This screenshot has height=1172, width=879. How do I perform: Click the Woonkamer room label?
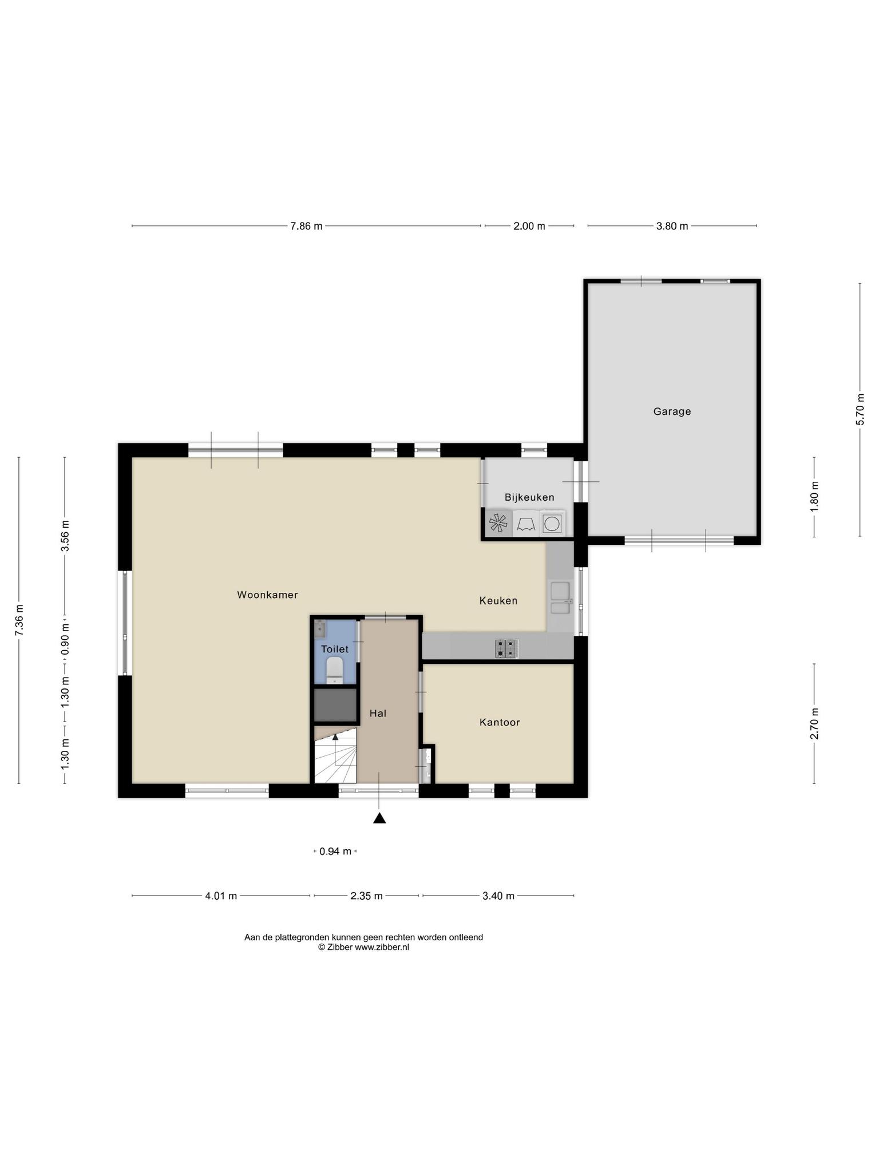click(x=267, y=595)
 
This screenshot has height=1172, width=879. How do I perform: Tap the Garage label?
click(x=672, y=411)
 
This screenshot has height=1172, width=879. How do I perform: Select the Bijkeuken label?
click(x=529, y=497)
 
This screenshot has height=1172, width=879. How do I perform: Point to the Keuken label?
click(x=498, y=601)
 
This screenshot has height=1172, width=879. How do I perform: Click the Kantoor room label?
click(x=500, y=722)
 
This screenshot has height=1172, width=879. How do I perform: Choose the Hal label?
click(x=378, y=714)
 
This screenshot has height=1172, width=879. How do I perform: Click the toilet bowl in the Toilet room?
click(x=334, y=670)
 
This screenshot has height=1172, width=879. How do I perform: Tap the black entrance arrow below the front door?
click(x=379, y=818)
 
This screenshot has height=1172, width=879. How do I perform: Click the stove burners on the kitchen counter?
click(x=507, y=648)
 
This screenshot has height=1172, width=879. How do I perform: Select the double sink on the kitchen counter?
click(x=560, y=598)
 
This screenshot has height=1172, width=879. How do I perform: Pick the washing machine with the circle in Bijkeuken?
click(x=552, y=524)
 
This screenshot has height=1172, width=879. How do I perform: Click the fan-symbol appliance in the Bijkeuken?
click(x=498, y=524)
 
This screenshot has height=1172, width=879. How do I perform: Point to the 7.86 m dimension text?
click(x=306, y=226)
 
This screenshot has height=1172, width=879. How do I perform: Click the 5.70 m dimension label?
click(x=860, y=409)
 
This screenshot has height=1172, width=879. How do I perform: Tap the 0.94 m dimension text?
click(x=335, y=852)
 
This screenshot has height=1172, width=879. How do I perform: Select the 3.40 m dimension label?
click(x=498, y=896)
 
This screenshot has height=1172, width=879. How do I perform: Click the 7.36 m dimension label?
click(x=19, y=620)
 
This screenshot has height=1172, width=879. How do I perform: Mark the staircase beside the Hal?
click(x=335, y=755)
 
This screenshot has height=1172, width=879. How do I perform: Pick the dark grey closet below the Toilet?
click(x=335, y=705)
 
